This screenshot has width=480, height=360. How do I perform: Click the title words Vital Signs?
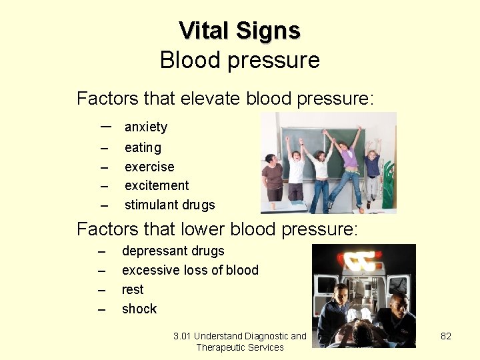239,31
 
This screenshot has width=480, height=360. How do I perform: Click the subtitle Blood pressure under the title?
239,60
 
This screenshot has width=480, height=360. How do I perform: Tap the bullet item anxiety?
146,127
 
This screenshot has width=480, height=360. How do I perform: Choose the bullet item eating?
143,147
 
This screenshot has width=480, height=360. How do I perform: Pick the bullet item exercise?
149,167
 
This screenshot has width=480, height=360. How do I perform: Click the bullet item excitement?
157,185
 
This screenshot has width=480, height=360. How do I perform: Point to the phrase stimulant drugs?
169,205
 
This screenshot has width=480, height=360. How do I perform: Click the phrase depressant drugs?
173,251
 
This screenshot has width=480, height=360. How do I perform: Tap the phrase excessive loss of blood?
190,270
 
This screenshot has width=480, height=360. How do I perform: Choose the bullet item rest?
133,289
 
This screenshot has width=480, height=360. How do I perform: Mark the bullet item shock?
139,309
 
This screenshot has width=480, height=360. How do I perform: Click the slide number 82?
446,336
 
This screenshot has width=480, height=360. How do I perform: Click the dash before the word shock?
101,309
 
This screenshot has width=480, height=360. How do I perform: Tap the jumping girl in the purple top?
348,163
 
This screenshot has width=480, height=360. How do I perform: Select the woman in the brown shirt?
272,177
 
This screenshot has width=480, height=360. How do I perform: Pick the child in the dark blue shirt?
373,170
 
